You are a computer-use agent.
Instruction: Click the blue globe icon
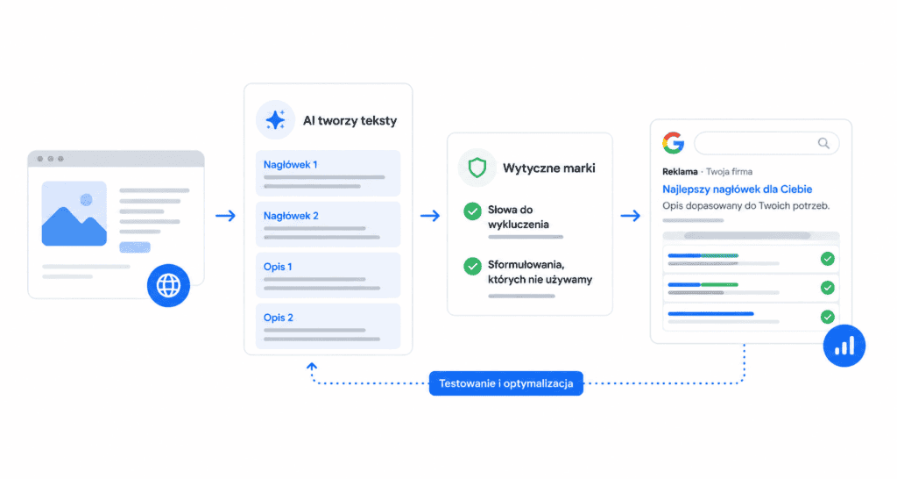coord(168,285)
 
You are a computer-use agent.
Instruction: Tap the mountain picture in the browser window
coord(74,214)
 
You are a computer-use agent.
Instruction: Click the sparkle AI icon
coord(275,119)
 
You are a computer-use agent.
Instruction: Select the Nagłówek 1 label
coord(290,164)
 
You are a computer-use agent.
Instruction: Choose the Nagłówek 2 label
coord(291,216)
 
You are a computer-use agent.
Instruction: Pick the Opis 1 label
coord(278,267)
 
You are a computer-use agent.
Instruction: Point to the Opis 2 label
coord(278,318)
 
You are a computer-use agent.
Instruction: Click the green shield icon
coord(477,168)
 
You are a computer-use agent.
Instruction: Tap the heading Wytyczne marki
coord(548,168)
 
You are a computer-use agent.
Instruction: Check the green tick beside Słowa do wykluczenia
coord(472,211)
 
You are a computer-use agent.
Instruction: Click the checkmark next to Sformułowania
coord(472,267)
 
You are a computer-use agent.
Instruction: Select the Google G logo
coord(674,143)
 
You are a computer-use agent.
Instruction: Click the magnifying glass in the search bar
coord(823,143)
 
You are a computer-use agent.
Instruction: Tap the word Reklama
coord(680,171)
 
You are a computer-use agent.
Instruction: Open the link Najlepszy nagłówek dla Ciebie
coord(737,189)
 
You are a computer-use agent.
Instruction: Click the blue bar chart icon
coord(844,346)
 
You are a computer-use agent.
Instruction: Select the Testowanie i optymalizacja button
coord(505,383)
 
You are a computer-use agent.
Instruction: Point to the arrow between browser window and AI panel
coord(225,216)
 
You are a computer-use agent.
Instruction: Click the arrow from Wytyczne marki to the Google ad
coord(631,216)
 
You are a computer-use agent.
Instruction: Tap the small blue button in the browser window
coord(135,247)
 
